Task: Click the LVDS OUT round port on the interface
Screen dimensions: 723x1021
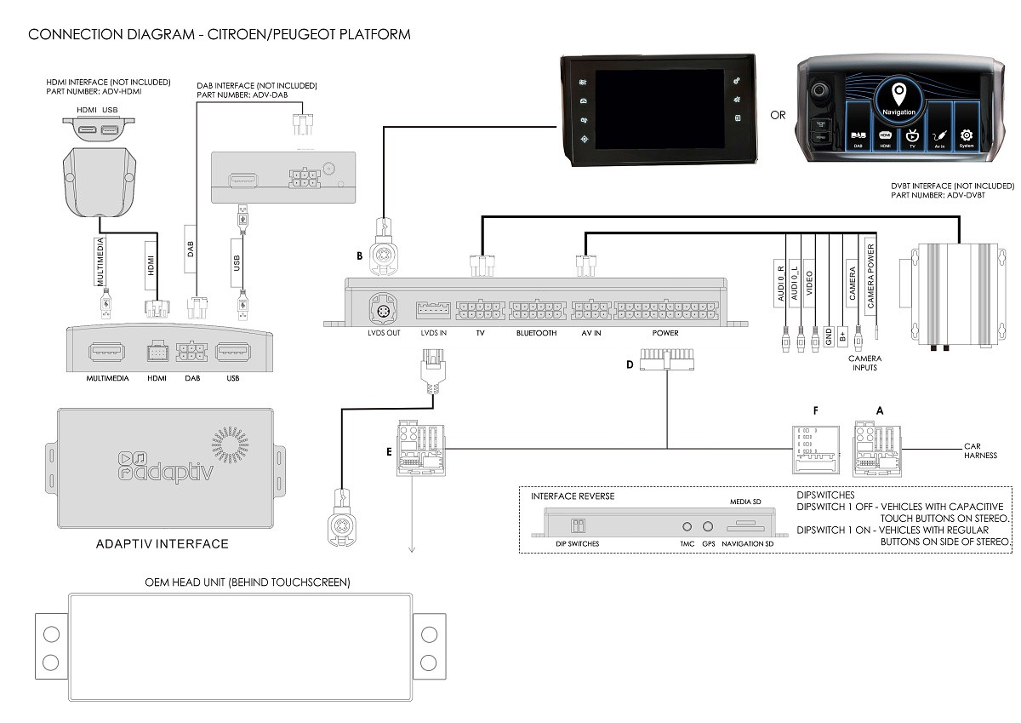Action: pyautogui.click(x=382, y=309)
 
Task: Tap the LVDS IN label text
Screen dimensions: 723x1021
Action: pyautogui.click(x=433, y=333)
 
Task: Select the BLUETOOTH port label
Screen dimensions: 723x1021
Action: pyautogui.click(x=536, y=333)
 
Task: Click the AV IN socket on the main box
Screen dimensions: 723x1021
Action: pyautogui.click(x=590, y=309)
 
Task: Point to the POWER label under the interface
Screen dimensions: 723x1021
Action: pyautogui.click(x=665, y=333)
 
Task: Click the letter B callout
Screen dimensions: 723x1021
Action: pyautogui.click(x=360, y=255)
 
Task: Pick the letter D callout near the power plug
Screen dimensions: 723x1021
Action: pyautogui.click(x=630, y=364)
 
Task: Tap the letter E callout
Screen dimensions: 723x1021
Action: pyautogui.click(x=389, y=452)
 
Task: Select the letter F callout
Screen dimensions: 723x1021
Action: pyautogui.click(x=815, y=410)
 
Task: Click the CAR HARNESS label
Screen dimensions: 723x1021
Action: pyautogui.click(x=979, y=450)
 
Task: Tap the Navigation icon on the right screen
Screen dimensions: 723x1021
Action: pyautogui.click(x=899, y=99)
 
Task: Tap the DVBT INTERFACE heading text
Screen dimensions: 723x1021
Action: pyautogui.click(x=951, y=186)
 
